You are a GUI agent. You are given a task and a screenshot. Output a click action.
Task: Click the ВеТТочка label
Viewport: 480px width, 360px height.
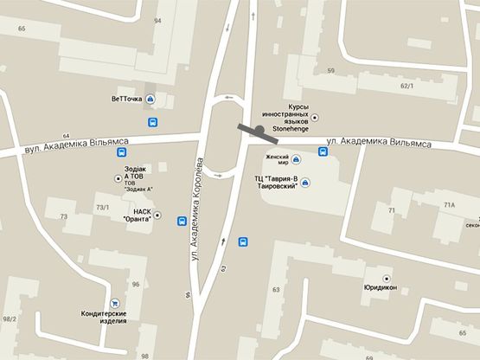click(x=126, y=99)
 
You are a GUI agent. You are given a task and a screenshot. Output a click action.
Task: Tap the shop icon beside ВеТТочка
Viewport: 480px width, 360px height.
click(x=151, y=99)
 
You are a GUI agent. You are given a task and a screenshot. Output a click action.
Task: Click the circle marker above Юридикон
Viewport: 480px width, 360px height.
click(x=386, y=278)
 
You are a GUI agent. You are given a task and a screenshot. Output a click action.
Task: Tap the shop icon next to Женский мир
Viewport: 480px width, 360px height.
click(x=296, y=158)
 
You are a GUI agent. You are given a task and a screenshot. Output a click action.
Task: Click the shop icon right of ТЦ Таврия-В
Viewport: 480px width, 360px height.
click(x=304, y=182)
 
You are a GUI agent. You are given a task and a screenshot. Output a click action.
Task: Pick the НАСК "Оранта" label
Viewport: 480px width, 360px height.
click(x=138, y=215)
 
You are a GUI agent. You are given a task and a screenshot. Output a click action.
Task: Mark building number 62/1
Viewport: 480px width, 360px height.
click(x=407, y=86)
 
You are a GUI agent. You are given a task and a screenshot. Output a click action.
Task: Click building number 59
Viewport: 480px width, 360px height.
click(x=330, y=70)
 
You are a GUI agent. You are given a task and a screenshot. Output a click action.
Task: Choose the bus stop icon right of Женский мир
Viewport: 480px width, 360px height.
click(x=323, y=153)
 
